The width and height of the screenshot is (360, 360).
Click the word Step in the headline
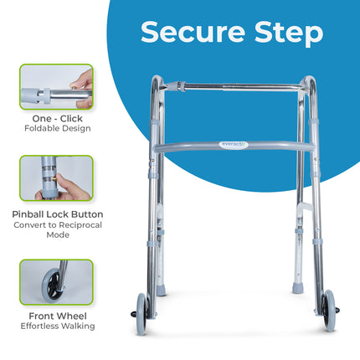290,33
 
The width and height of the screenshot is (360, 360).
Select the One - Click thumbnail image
57,87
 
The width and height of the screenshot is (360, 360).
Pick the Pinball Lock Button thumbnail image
57,178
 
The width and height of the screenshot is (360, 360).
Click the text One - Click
57,119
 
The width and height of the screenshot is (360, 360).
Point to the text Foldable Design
57,129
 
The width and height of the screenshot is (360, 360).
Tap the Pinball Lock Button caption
57,214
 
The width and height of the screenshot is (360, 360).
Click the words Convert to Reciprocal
57,224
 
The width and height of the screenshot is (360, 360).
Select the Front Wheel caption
57,316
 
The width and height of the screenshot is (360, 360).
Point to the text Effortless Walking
57,326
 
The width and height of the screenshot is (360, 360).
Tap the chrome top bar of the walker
243,85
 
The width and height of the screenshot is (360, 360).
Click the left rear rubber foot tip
161,290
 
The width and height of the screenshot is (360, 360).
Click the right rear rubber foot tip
296,287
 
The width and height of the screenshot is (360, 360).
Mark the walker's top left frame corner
157,80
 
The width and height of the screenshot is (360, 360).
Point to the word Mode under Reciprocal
57,234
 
